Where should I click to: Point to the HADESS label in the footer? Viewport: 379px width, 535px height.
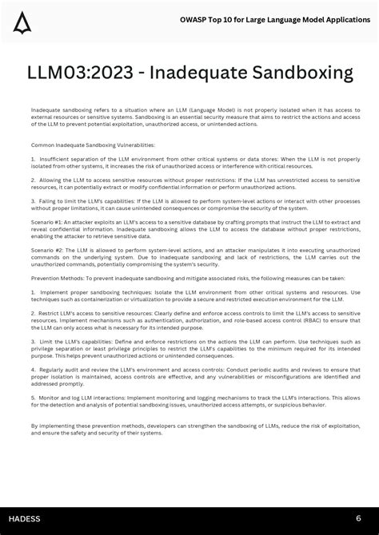[24, 519]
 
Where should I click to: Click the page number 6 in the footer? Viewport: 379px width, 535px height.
[358, 518]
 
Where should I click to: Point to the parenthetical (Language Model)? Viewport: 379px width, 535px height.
[210, 109]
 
